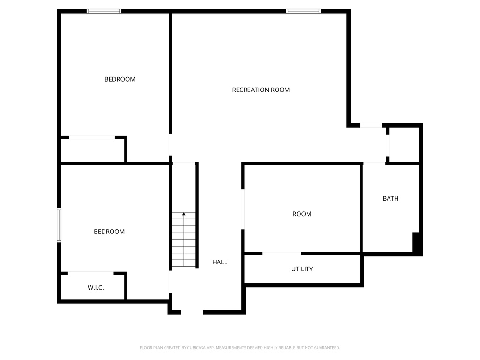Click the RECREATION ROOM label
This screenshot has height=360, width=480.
(x=261, y=90)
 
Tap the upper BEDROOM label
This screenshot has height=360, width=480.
(x=120, y=79)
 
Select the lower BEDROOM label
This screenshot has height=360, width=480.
(x=109, y=232)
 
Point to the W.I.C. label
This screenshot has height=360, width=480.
(x=96, y=288)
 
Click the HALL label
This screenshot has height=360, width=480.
(x=219, y=262)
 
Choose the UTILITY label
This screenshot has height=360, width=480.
(x=302, y=269)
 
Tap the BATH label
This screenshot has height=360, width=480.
(x=390, y=198)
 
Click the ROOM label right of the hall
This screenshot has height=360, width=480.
(x=302, y=214)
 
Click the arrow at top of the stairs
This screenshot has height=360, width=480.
(x=184, y=214)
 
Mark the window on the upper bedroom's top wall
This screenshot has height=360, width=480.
(x=104, y=11)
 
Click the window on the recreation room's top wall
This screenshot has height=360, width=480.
(x=304, y=11)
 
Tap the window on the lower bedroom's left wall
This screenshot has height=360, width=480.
(x=59, y=225)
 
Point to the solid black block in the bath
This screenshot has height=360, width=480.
(x=416, y=242)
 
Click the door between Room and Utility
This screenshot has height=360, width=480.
(x=282, y=254)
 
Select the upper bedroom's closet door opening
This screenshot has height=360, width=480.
(x=92, y=137)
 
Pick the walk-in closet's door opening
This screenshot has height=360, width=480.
(x=91, y=272)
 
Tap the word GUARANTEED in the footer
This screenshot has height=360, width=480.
(x=324, y=348)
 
